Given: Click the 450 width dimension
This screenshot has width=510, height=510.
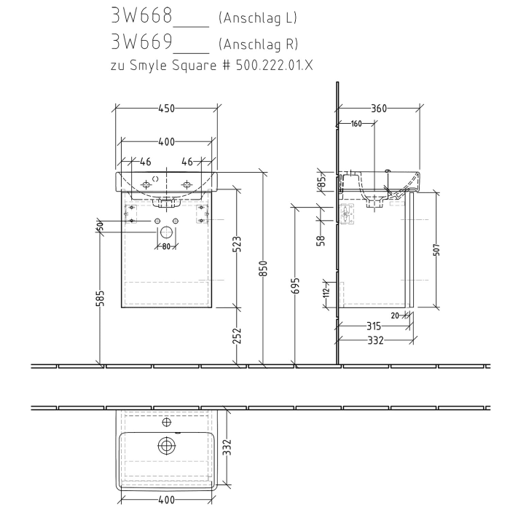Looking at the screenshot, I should tap(166, 109).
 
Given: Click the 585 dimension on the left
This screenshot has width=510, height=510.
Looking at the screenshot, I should tap(101, 298).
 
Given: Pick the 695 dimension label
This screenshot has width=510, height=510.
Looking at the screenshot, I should tap(295, 285).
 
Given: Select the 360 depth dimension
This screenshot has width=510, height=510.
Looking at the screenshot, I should tap(377, 109).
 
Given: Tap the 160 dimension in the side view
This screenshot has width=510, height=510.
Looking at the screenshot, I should tap(356, 124).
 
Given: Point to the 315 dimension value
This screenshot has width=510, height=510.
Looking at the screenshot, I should tap(374, 326).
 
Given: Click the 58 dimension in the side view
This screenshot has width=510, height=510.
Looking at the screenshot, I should tap(321, 240).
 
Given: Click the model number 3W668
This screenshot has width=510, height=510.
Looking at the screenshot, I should tap(140, 16).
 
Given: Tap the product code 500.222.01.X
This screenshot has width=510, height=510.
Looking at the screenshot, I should tap(269, 65).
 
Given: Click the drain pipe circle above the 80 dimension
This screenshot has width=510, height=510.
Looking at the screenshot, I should tap(166, 233).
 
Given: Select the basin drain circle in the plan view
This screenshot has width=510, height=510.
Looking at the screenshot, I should tap(166, 445).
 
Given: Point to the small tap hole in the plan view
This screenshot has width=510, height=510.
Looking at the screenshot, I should tap(166, 422).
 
